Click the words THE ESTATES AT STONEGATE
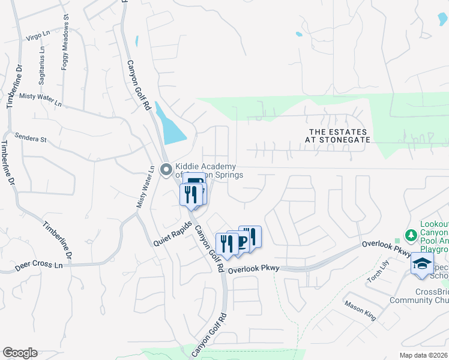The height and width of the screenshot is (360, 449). click(x=339, y=135)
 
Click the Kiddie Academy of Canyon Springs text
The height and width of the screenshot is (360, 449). click(x=205, y=170)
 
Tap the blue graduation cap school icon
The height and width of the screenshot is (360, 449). click(x=423, y=265)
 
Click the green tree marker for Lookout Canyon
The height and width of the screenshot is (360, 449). click(x=412, y=236)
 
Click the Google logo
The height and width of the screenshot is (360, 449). click(x=20, y=352)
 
